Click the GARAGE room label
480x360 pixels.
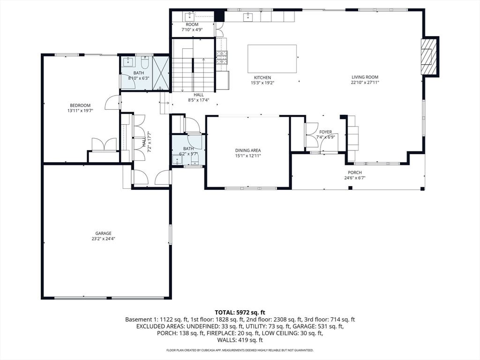coord(104,233)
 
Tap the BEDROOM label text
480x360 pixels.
coord(80,105)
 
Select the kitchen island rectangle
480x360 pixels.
coord(272,59)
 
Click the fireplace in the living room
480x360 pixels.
coord(429,57)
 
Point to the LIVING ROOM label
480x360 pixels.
coord(365,77)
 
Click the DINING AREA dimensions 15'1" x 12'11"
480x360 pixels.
coord(248,156)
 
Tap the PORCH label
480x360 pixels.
coord(354,172)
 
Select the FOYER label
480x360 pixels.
coord(325,132)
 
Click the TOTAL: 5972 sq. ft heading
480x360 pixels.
coord(240,312)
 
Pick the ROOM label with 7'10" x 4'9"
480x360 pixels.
coord(192,24)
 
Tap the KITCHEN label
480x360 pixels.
coord(262,77)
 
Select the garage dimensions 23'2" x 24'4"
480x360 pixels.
coord(104,239)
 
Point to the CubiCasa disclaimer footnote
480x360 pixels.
coord(240,350)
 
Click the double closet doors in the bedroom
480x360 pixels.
coord(104,144)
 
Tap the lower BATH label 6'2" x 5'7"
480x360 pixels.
coord(188,149)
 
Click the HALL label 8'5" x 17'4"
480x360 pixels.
coord(198,95)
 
